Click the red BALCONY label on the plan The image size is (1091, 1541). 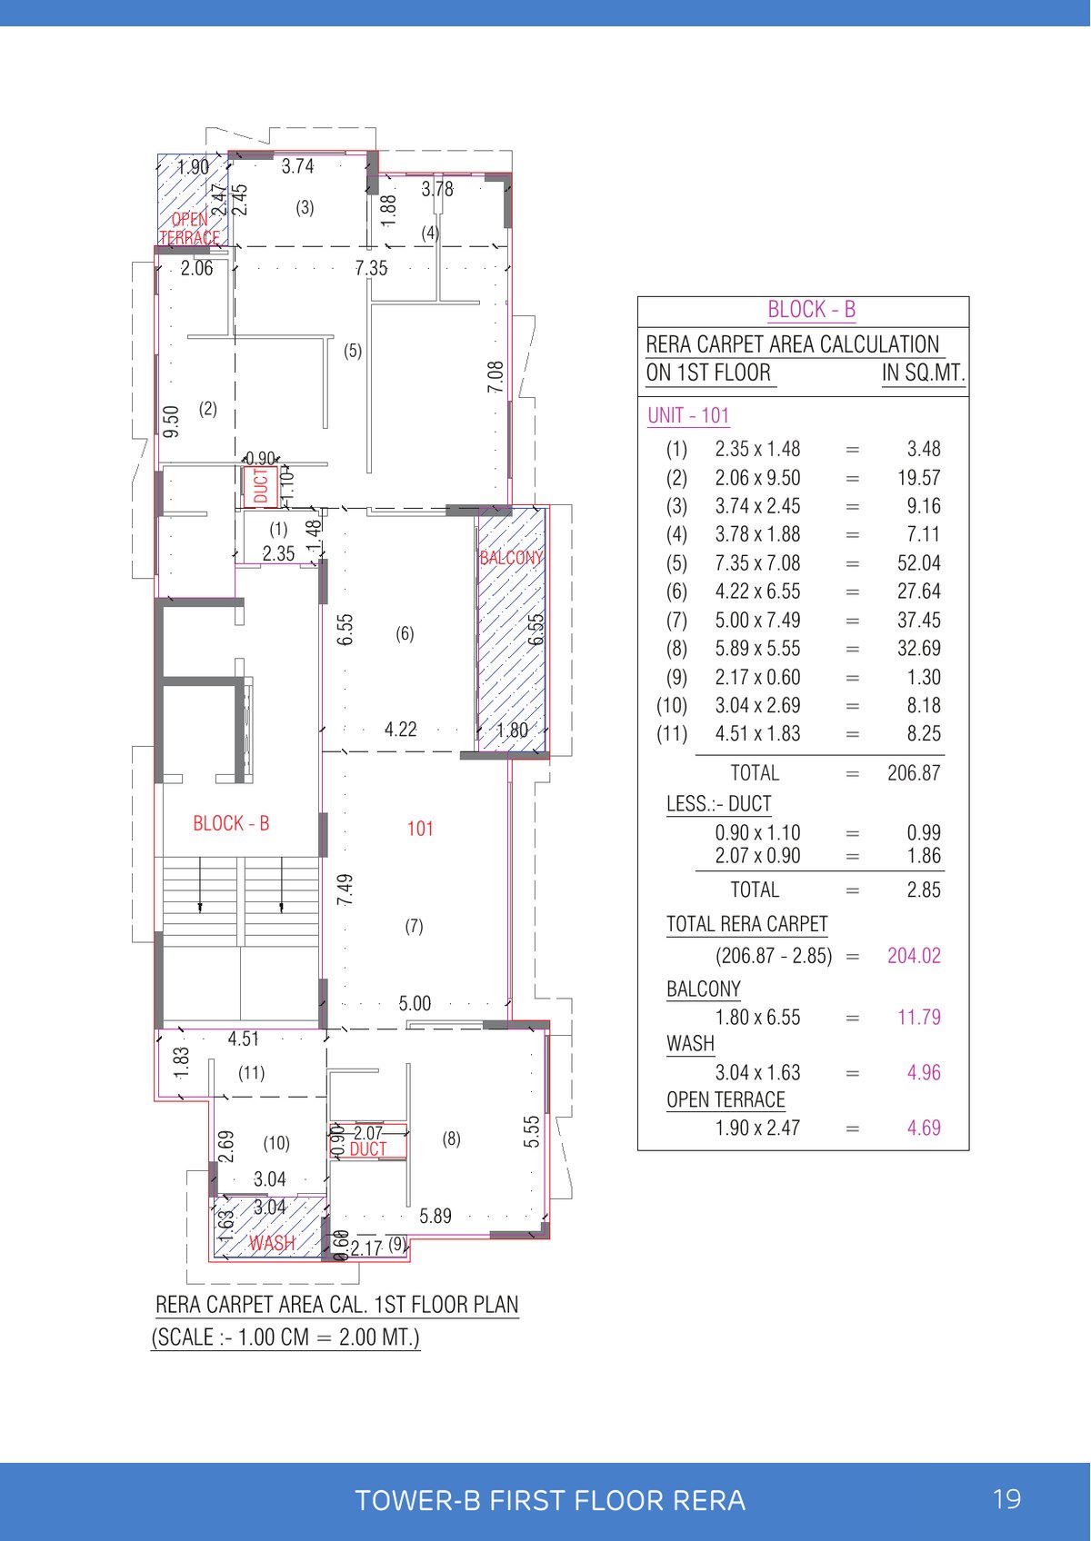coord(511,558)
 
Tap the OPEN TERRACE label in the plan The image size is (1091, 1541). coord(190,228)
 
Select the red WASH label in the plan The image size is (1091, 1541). coord(272,1243)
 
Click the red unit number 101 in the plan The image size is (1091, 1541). coord(420,829)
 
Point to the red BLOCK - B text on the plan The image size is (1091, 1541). coord(231,823)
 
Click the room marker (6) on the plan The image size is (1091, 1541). coord(405,633)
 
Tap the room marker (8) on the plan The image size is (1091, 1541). coord(451,1138)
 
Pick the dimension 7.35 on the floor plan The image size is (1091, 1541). coord(371,268)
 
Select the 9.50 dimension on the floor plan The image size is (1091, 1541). coord(171,422)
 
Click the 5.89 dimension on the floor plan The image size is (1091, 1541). coord(435,1216)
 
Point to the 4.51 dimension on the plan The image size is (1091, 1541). coord(244,1039)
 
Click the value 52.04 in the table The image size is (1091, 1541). coord(918,563)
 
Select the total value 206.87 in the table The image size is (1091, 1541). coord(914,773)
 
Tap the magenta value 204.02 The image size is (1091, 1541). coord(914,956)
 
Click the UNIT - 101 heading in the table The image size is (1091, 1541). coord(688,415)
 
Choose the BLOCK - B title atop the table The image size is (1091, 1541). coord(811,310)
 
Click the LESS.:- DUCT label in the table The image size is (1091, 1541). coord(718,804)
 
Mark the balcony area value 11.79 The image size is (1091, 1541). coord(918,1018)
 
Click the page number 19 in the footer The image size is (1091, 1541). coord(1007,1499)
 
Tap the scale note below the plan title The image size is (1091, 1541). coord(285,1337)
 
